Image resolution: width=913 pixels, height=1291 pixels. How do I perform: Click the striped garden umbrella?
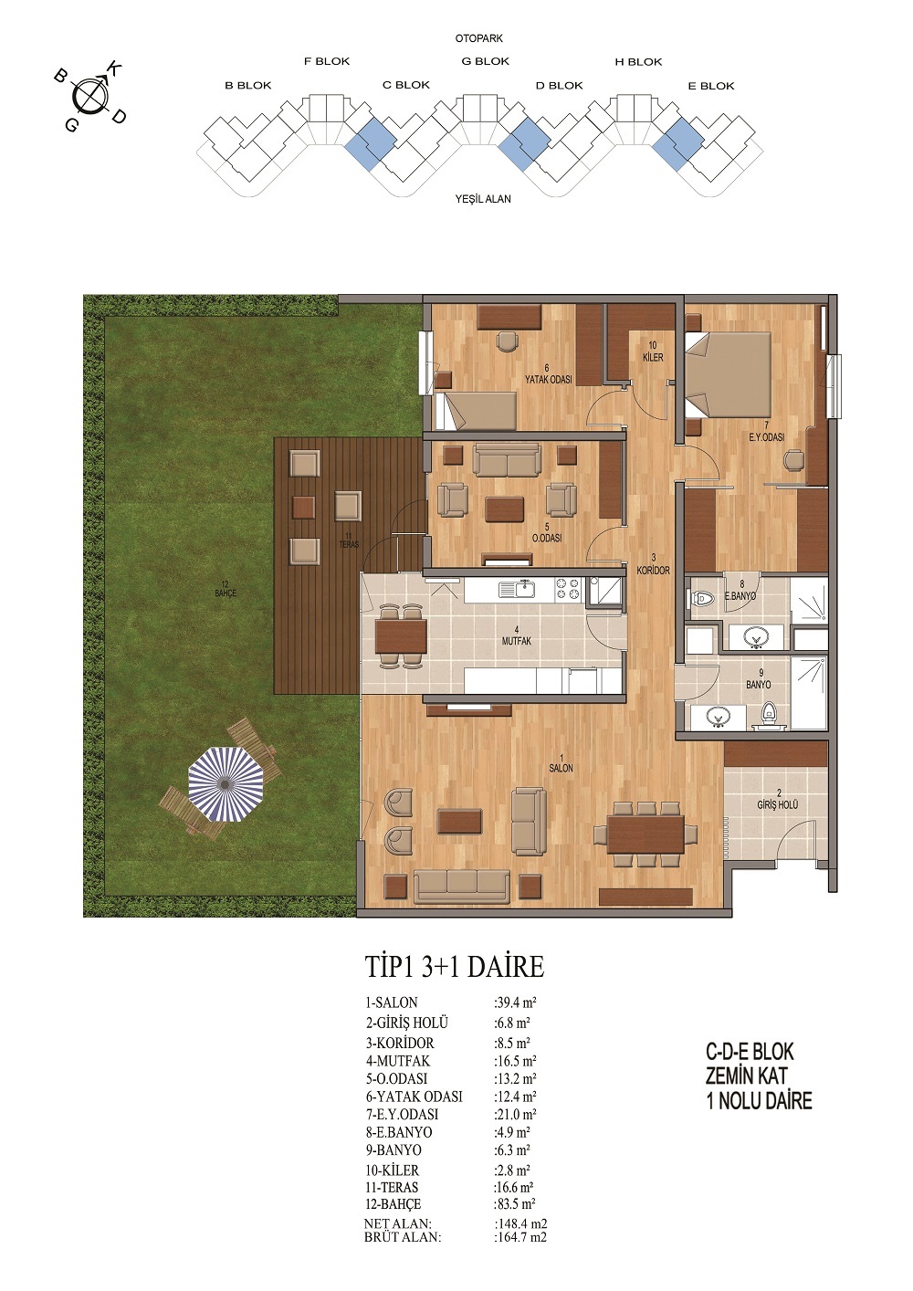coord(226,784)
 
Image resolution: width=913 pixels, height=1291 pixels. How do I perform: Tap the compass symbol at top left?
coord(89,96)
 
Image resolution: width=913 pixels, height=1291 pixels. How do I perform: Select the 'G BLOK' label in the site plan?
coord(486,61)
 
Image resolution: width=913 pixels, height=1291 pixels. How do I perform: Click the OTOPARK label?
coord(479,38)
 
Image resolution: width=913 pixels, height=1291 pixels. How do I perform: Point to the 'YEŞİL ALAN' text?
coord(483,199)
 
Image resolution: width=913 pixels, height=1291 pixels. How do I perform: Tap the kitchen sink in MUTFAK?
coord(518,589)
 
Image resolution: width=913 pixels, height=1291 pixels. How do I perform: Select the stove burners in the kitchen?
coord(567,589)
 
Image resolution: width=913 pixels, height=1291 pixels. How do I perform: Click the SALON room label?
coord(561,768)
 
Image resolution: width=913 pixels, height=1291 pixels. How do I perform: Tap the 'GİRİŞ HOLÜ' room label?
coord(778,804)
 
